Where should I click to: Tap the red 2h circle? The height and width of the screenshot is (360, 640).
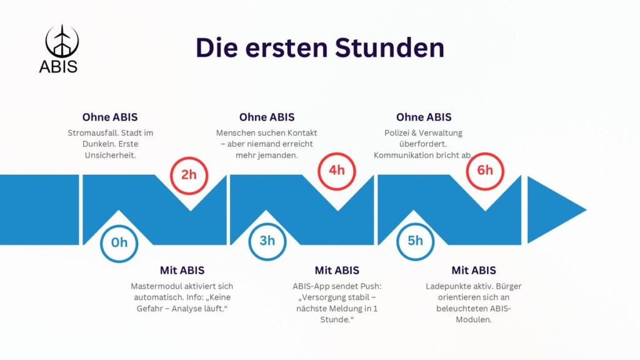189,174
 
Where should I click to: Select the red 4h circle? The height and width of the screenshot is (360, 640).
336,170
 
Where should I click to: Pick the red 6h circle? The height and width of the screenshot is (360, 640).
484,170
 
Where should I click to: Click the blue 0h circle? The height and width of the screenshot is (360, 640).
119,242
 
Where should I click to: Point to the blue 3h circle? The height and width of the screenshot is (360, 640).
267,241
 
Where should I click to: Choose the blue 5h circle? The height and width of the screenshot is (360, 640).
415,241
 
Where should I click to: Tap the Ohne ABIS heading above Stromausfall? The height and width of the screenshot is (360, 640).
110,117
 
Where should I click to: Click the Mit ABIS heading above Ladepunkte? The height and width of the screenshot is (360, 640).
474,270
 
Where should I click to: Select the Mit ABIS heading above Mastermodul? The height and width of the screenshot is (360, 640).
182,270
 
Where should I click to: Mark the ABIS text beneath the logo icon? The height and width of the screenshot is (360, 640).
58,66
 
